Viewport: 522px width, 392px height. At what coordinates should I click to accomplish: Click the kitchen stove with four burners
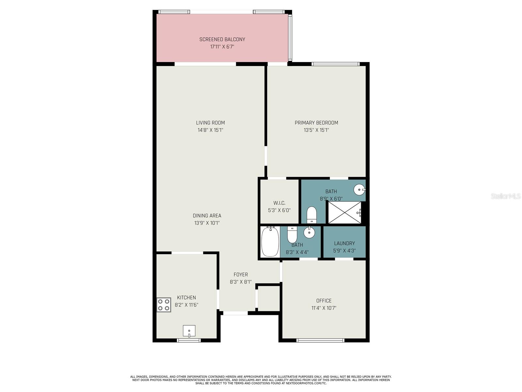[164, 305]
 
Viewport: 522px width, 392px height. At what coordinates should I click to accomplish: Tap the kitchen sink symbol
[189, 331]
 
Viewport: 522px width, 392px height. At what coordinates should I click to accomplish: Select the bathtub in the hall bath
[270, 242]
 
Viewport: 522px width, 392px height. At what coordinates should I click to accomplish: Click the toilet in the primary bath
[312, 215]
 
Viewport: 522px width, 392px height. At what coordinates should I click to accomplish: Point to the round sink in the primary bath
[360, 189]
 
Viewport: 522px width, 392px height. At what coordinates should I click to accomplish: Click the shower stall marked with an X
[344, 212]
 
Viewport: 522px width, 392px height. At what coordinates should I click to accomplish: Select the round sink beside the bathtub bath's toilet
[309, 233]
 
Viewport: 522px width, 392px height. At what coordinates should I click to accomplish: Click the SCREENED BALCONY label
[222, 40]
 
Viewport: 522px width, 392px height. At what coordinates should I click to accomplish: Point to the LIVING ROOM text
[210, 123]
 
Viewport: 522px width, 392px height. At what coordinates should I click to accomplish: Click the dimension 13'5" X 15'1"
[316, 130]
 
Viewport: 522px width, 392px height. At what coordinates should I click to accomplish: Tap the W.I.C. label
[279, 203]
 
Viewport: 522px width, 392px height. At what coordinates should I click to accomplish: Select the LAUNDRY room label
[344, 243]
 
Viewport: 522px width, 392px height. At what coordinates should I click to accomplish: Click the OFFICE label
[324, 301]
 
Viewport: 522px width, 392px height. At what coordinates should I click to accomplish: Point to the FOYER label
[241, 275]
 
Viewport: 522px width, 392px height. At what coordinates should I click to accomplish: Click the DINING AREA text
[207, 216]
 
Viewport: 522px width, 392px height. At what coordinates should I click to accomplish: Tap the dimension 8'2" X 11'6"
[186, 305]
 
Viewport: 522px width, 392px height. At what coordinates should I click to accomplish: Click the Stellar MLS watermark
[505, 196]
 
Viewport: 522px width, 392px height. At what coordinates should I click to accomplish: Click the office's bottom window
[320, 340]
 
